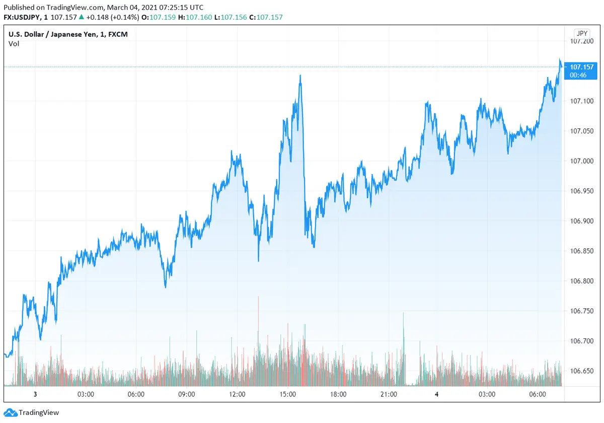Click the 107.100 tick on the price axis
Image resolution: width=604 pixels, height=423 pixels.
581,101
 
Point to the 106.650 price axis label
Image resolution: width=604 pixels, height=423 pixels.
581,371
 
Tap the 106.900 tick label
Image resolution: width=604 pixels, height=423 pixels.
581,221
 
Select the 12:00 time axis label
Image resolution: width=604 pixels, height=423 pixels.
237,394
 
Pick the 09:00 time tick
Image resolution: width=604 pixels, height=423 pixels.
186,394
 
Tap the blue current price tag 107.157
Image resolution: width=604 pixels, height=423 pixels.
581,66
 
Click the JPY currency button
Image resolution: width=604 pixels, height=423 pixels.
582,33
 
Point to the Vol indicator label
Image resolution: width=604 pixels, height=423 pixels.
14,44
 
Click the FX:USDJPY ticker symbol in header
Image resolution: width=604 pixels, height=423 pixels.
24,17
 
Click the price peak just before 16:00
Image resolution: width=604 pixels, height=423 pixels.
300,76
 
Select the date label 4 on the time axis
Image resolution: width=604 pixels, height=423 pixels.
436,394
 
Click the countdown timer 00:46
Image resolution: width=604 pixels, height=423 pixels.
577,75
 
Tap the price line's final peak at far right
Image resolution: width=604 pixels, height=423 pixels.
560,59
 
